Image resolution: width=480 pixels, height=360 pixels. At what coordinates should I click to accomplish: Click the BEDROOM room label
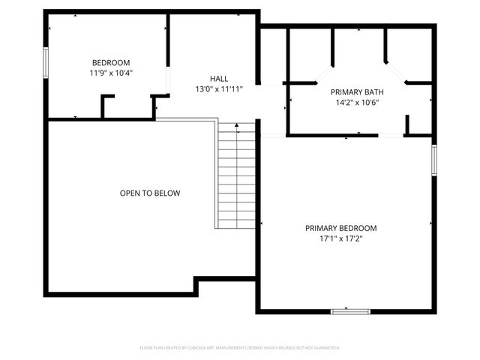pyautogui.click(x=111, y=62)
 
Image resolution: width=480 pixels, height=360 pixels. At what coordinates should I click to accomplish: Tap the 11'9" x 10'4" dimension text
pyautogui.click(x=111, y=73)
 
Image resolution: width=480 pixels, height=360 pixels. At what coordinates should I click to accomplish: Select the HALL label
pyautogui.click(x=219, y=78)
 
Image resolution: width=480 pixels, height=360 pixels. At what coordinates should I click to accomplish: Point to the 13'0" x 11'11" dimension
pyautogui.click(x=219, y=89)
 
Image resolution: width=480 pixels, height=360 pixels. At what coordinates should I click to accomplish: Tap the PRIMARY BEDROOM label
pyautogui.click(x=340, y=228)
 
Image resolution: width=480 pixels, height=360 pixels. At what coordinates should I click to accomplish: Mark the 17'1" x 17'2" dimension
pyautogui.click(x=340, y=239)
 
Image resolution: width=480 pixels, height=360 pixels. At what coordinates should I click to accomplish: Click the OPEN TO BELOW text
pyautogui.click(x=150, y=193)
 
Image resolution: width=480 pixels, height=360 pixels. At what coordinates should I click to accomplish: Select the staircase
pyautogui.click(x=236, y=176)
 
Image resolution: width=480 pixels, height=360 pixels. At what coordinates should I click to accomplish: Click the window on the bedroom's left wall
pyautogui.click(x=46, y=62)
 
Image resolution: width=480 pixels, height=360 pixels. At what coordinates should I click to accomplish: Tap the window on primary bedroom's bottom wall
pyautogui.click(x=350, y=310)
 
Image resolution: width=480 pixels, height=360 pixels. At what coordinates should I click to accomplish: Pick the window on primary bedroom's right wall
pyautogui.click(x=433, y=160)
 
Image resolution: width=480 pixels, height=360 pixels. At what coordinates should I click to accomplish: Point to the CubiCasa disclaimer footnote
pyautogui.click(x=240, y=348)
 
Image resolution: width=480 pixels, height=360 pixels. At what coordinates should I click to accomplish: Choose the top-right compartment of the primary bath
pyautogui.click(x=409, y=52)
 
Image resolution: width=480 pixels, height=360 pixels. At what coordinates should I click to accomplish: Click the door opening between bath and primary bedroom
pyautogui.click(x=391, y=135)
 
